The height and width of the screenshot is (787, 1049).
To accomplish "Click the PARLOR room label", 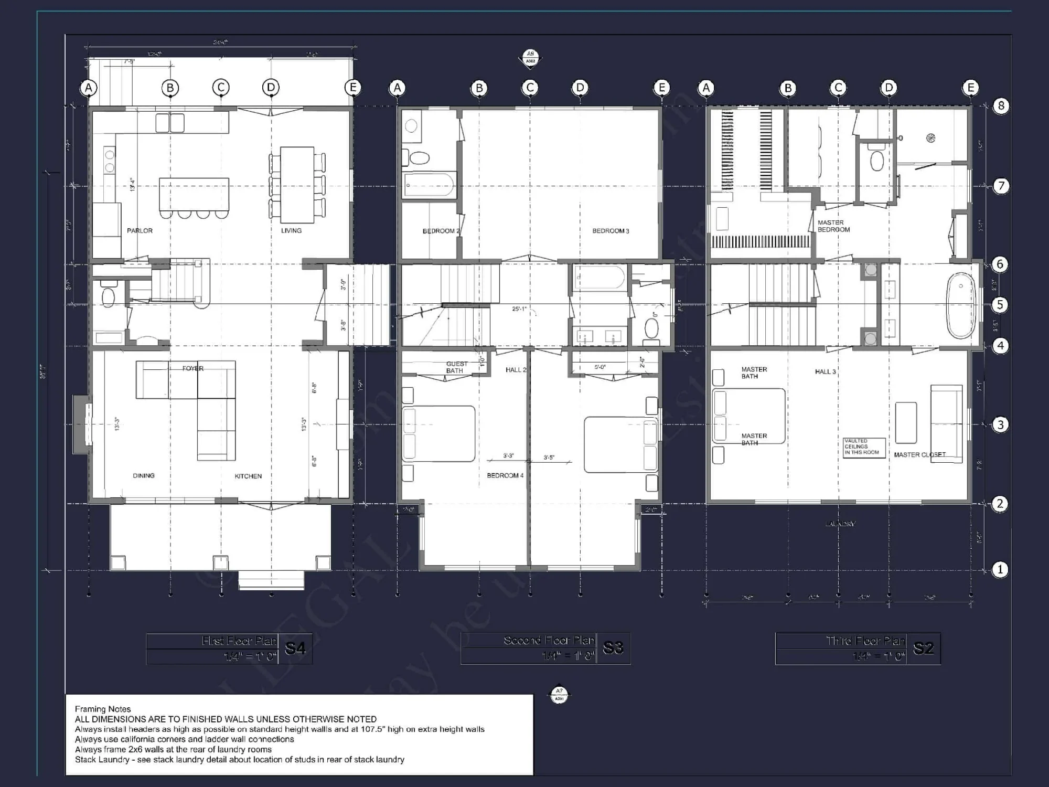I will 140,231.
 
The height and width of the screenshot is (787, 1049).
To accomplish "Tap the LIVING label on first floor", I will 291,231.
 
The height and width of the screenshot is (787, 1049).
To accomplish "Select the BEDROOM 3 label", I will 611,231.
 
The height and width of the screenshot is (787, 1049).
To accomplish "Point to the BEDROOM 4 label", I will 505,476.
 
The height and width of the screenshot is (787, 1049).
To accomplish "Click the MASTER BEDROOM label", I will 833,226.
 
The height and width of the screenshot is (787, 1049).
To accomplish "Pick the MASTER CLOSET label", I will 919,455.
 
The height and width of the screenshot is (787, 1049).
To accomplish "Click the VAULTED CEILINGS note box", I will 864,447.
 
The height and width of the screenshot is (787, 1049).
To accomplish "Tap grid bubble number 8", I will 1001,106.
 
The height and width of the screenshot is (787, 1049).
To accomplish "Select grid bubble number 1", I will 1000,570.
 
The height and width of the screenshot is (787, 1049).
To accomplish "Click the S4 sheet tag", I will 295,649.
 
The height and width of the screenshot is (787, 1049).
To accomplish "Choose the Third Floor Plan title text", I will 865,641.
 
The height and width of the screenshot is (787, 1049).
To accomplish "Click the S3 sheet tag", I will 613,648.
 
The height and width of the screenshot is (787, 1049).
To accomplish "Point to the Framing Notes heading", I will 103,709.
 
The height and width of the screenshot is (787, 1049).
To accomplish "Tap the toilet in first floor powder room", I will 108,297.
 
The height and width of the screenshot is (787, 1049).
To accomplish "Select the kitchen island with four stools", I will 194,194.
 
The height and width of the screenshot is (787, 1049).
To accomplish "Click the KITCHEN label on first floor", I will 248,476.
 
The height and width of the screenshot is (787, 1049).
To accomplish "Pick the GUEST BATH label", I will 456,367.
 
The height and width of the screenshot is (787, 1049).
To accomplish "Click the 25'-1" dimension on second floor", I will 519,309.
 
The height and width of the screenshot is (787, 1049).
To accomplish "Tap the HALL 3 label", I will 825,372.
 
